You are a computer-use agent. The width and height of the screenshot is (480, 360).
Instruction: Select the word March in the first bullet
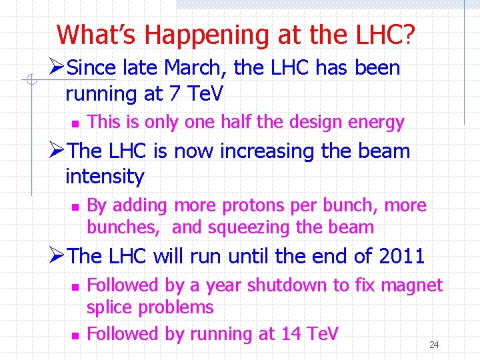tap(206, 68)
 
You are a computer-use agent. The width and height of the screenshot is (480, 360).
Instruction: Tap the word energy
tap(381, 123)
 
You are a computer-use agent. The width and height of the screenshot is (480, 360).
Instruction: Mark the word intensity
tap(105, 177)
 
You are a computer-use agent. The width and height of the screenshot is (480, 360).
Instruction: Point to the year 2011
tap(401, 256)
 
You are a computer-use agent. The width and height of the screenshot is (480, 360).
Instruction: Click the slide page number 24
tap(434, 345)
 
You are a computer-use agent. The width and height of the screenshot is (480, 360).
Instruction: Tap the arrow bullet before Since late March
tap(57, 68)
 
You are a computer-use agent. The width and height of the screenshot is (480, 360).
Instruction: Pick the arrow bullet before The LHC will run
tap(57, 256)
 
